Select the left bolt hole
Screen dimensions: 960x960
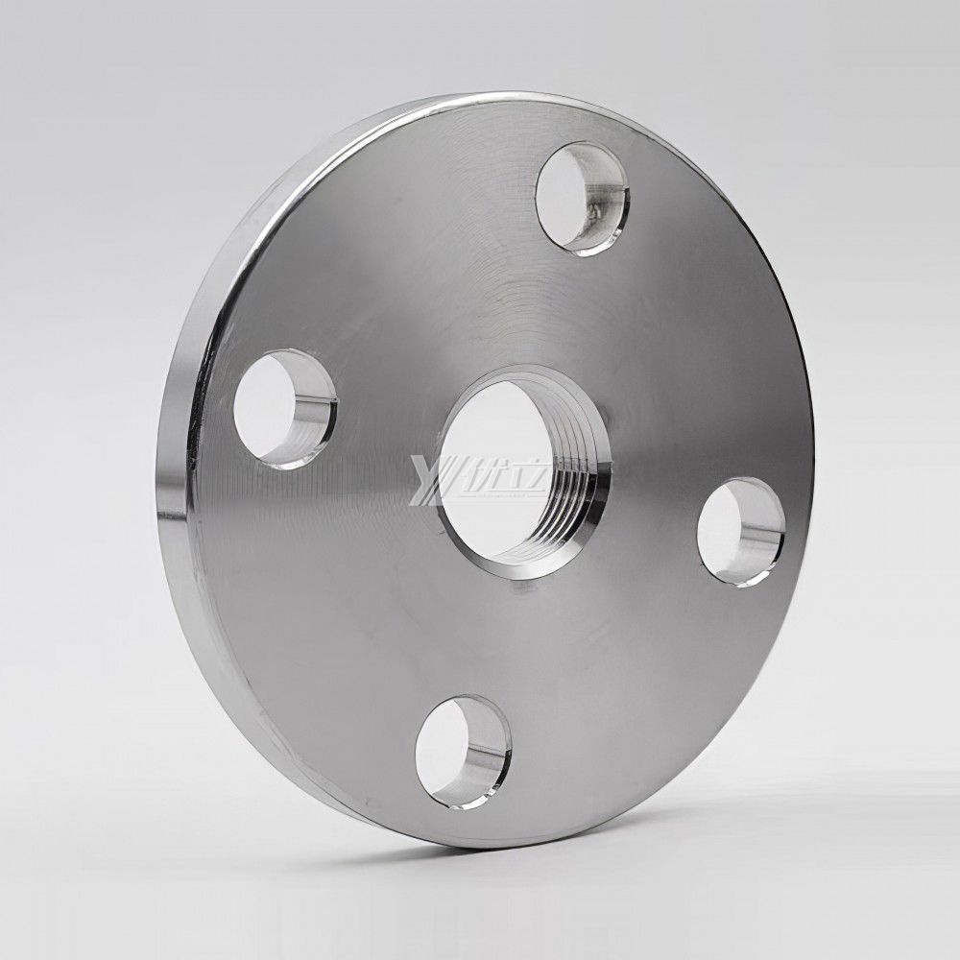(282, 407)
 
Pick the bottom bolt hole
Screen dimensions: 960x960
(460, 749)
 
